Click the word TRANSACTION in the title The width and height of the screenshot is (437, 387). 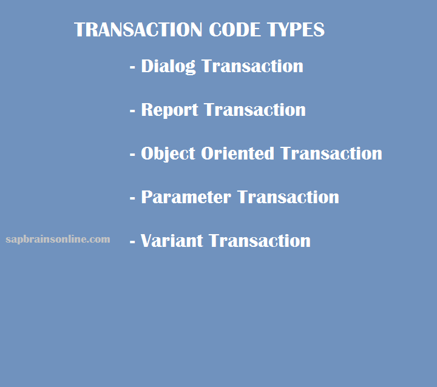[x=138, y=30]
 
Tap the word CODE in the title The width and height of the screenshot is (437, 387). [x=235, y=30]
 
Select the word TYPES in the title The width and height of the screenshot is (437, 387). [x=296, y=30]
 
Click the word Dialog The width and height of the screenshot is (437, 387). [x=168, y=67]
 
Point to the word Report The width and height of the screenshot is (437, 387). [x=169, y=110]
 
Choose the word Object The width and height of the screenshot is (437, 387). [x=168, y=154]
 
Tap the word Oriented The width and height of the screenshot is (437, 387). [x=237, y=153]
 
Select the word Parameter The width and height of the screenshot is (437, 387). [x=186, y=197]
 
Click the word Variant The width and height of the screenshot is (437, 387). [x=172, y=240]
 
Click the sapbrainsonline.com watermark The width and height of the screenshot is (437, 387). [x=58, y=240]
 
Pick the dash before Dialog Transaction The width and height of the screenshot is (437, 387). [x=132, y=67]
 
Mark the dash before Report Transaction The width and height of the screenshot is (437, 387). [x=132, y=111]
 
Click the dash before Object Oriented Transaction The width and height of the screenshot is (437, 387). [x=132, y=154]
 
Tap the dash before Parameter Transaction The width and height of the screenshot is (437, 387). [x=132, y=198]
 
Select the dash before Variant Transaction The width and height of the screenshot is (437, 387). [x=132, y=241]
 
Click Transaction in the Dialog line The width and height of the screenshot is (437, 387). [x=252, y=66]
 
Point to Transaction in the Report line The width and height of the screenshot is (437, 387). [x=255, y=110]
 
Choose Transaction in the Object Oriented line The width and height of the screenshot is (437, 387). [x=331, y=153]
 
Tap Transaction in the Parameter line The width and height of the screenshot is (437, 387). [x=288, y=197]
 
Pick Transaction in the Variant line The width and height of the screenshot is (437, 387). [x=260, y=240]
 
